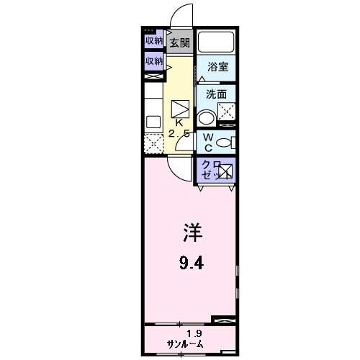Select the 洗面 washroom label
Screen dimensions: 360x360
(216, 94)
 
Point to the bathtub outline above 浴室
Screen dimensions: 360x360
(217, 42)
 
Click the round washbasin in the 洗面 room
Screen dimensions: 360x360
(207, 117)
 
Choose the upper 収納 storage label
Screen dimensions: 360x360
(153, 40)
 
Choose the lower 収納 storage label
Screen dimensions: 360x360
(153, 61)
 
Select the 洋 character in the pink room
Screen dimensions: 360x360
(192, 235)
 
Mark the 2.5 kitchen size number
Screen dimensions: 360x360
(179, 133)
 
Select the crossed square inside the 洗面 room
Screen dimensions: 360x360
(228, 112)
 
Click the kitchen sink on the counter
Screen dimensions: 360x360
(153, 121)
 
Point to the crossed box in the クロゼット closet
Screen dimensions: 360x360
(225, 171)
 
